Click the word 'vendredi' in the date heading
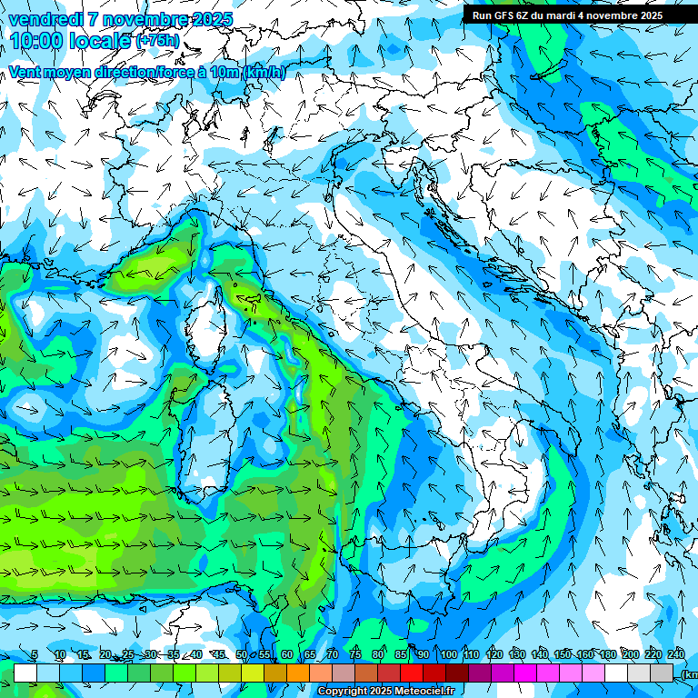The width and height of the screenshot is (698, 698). pos(45,19)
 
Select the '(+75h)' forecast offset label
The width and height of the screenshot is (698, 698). pos(157,41)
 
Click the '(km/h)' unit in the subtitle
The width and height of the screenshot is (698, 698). pos(264,72)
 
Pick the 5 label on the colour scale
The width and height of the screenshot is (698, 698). pos(35,654)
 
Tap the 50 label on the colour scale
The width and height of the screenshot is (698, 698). pos(241,654)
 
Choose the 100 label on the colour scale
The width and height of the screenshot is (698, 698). pos(449,654)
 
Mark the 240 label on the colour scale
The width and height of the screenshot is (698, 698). pos(676,654)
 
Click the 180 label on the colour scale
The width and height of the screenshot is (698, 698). pos(607,654)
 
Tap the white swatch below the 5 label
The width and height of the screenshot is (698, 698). pos(25,673)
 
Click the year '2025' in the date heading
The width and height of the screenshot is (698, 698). pos(208,19)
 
